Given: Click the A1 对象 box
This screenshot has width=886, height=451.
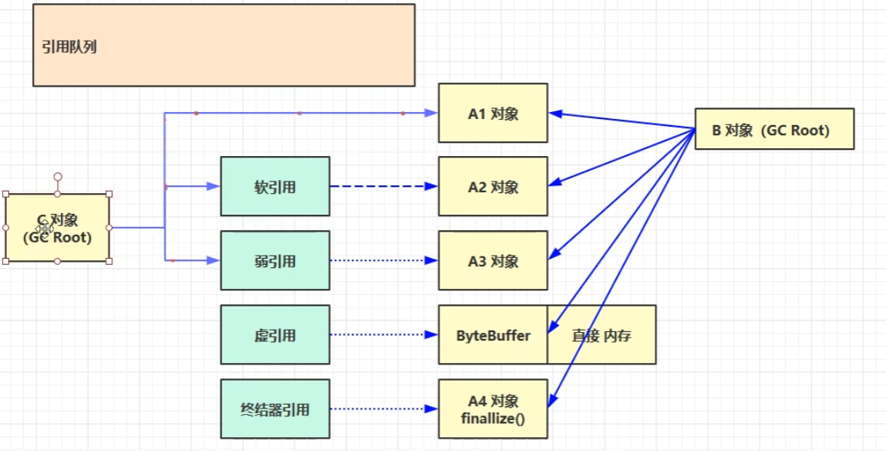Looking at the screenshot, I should pos(493,113).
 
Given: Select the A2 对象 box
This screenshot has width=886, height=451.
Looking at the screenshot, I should pos(493,186).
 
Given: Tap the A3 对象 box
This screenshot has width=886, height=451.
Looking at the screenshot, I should pos(493,260).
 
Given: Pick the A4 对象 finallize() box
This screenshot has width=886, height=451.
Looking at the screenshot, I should pos(493,409).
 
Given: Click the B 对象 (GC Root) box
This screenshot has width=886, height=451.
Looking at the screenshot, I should pos(774,128).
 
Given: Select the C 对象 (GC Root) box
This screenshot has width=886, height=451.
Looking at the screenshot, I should pos(57,228).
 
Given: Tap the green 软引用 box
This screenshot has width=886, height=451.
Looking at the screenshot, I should pos(275,186).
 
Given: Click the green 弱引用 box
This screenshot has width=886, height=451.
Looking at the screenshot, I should pos(275,260).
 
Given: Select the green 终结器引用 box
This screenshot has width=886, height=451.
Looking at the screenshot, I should pos(275,409).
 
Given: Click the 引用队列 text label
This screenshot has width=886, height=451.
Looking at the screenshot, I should pos(69,46).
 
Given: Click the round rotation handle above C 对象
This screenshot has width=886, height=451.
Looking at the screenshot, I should pos(57,177).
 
